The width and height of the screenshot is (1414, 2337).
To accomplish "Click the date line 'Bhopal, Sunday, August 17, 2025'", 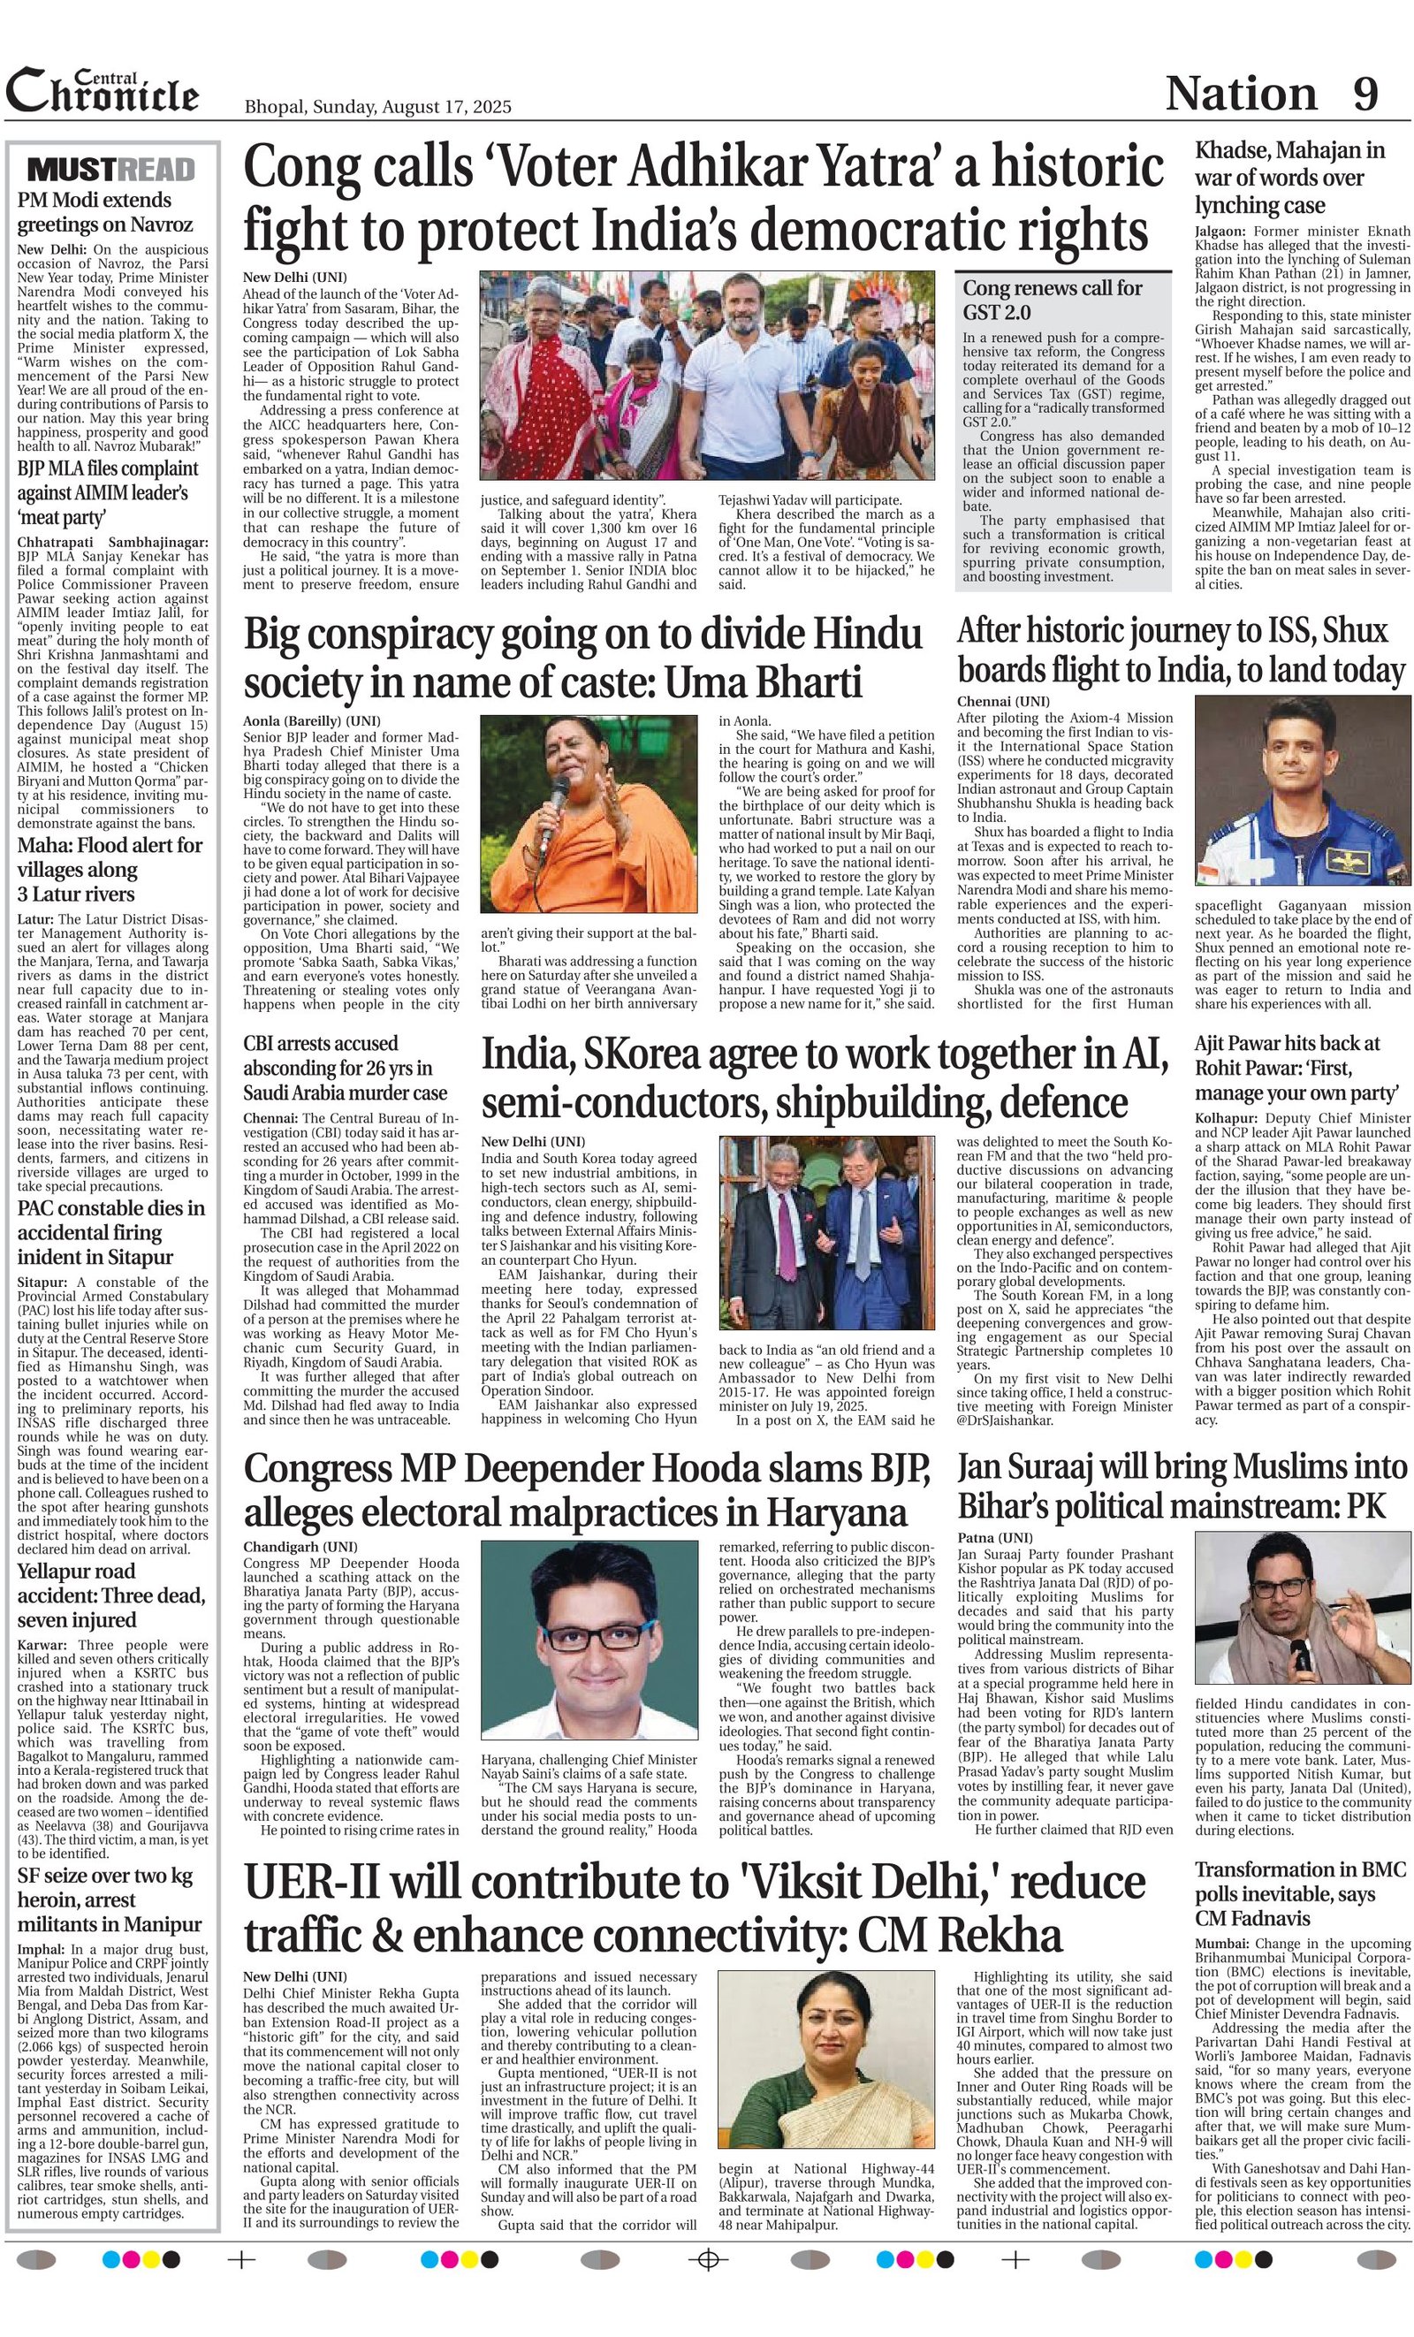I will (x=377, y=106).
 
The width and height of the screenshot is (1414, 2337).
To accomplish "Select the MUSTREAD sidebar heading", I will (x=112, y=170).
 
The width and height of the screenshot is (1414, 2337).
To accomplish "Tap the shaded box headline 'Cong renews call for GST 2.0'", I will (x=1053, y=300).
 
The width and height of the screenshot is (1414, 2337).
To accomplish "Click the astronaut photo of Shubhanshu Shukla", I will (x=1302, y=790).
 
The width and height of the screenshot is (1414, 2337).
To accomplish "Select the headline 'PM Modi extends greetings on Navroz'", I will (x=104, y=212).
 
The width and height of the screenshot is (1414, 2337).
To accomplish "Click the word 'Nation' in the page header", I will (x=1241, y=93).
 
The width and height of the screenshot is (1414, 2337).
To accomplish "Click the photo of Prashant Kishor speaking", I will (x=1302, y=1608).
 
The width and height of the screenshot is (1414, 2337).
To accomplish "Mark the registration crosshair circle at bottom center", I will (x=706, y=2260).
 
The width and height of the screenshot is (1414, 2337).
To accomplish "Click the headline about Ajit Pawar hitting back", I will (x=1288, y=1068).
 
